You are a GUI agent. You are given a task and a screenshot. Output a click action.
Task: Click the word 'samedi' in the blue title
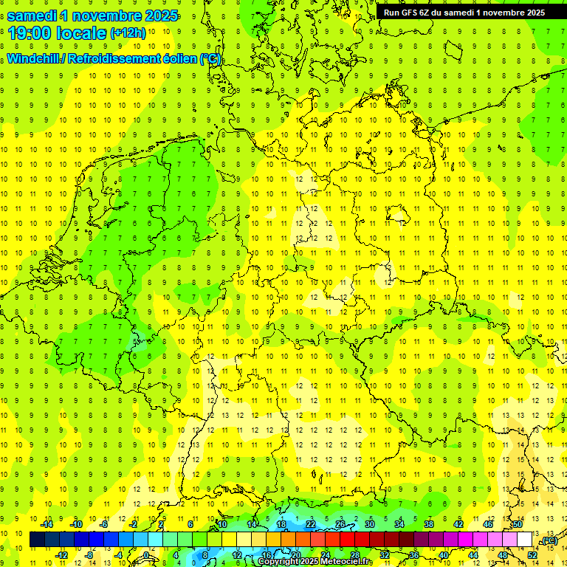(x=33, y=16)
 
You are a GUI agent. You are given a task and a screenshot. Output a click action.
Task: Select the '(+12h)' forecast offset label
(x=128, y=32)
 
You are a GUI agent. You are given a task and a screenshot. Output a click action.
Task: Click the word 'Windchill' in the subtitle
(x=34, y=59)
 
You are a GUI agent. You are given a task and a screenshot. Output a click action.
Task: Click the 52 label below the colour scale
(x=532, y=555)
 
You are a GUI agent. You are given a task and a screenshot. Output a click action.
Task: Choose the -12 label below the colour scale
(x=61, y=555)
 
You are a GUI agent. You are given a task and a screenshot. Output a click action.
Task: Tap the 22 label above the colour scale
(x=311, y=524)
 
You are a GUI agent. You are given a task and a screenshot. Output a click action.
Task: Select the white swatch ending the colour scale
(x=525, y=540)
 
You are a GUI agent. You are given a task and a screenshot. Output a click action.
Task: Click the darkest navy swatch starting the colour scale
(x=37, y=540)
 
